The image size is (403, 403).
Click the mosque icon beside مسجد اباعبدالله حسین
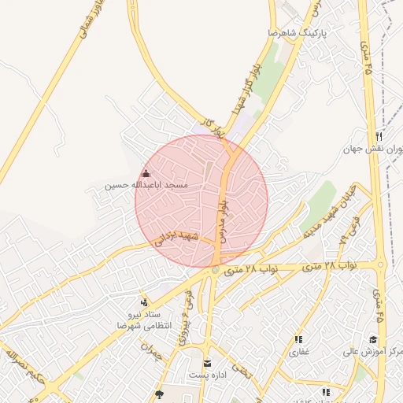coord(145,173)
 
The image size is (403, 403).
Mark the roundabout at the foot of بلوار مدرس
coord(215,271)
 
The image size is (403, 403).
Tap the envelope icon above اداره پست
coord(207,363)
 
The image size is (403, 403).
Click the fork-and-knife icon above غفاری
coord(298,340)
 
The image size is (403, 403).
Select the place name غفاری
coord(299,352)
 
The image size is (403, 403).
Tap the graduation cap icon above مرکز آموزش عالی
coord(373,340)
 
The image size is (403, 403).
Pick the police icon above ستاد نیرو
coord(144,301)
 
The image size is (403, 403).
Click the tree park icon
coord(160,394)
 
